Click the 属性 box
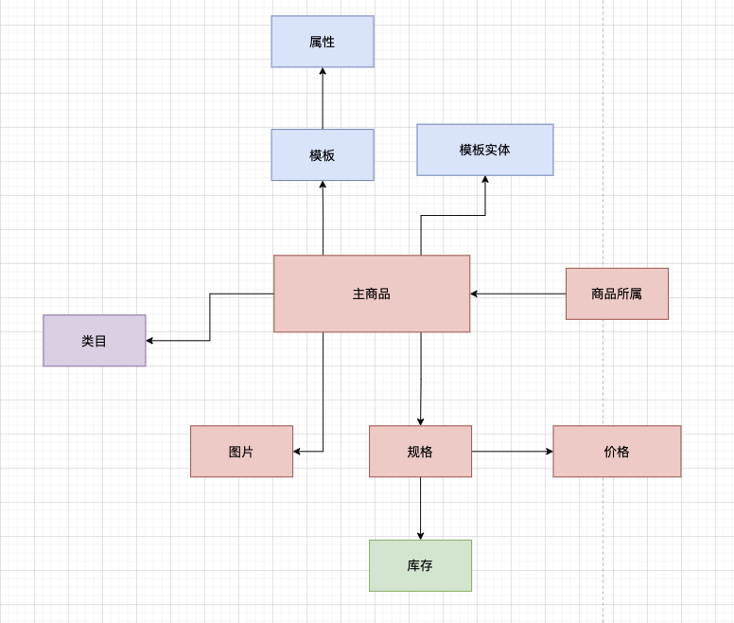click(323, 42)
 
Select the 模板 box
click(323, 155)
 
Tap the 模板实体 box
click(485, 150)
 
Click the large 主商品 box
click(372, 294)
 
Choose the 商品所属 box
click(617, 294)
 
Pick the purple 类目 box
click(94, 341)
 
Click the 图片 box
click(241, 452)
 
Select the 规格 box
click(420, 452)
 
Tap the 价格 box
click(617, 452)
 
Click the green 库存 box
click(420, 566)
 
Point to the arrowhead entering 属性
click(323, 71)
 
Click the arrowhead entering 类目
click(149, 341)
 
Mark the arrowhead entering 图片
click(297, 452)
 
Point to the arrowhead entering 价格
click(550, 452)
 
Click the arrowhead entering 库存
click(420, 536)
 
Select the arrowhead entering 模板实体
click(485, 179)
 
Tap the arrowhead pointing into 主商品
click(474, 294)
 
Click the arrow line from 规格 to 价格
click(513, 452)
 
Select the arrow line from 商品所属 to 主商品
click(518, 294)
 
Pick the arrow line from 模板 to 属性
click(323, 98)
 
